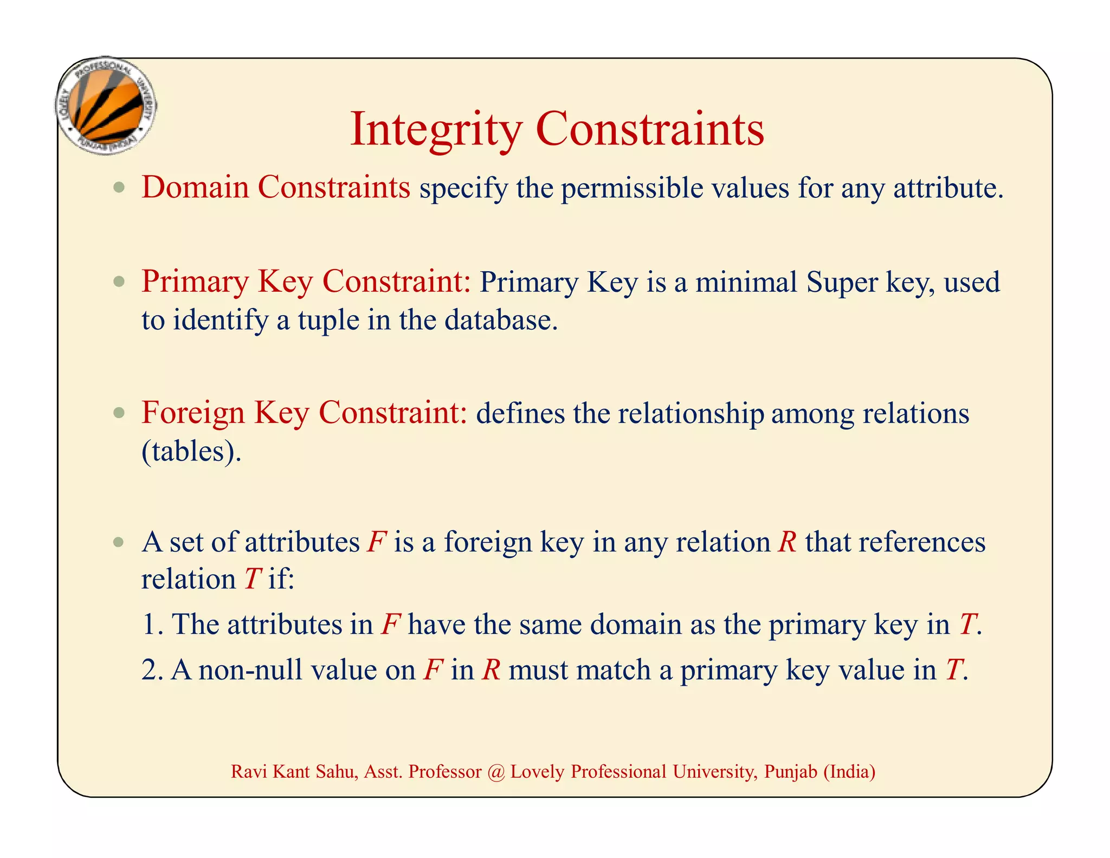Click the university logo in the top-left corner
click(x=106, y=106)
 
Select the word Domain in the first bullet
click(x=195, y=187)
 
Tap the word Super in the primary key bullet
click(x=842, y=282)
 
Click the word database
click(x=501, y=319)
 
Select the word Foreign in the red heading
click(x=193, y=413)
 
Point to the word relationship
click(x=690, y=413)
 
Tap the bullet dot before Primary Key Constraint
click(x=119, y=281)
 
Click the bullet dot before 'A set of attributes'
click(x=119, y=542)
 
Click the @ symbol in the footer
click(x=495, y=771)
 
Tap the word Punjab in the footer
click(x=790, y=771)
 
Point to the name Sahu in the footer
click(x=337, y=771)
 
